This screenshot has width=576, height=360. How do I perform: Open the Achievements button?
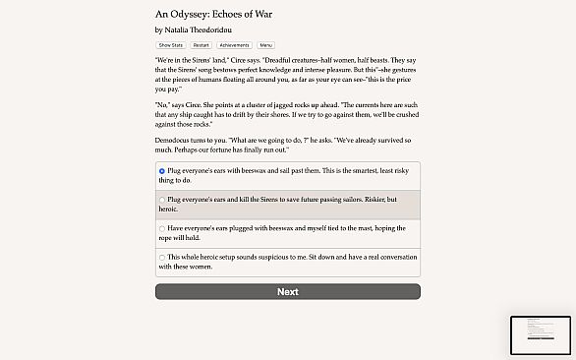coord(233,45)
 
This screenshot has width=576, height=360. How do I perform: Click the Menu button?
coord(266,45)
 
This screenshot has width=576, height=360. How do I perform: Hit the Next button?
coord(287,291)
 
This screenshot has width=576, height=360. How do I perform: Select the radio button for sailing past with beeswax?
coord(162,171)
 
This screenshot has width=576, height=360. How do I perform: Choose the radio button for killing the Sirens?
coord(162,200)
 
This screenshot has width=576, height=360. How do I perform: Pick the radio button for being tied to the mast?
coord(162,228)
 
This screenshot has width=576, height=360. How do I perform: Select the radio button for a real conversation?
coord(162,257)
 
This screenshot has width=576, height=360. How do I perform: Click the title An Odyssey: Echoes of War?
coord(212,15)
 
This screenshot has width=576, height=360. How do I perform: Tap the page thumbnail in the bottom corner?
coord(540,334)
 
